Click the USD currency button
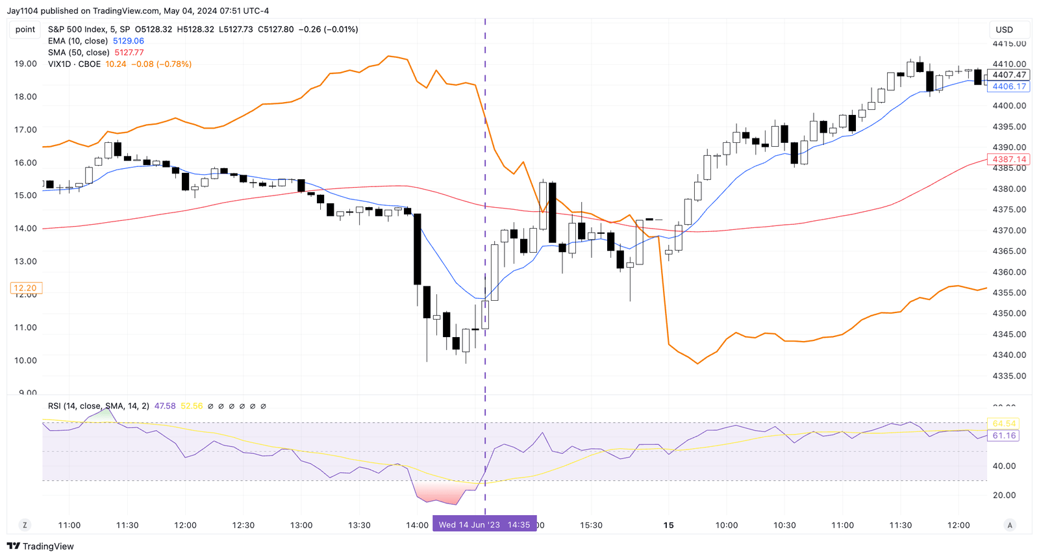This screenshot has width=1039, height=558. pyautogui.click(x=1005, y=29)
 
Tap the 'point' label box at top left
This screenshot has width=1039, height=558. pyautogui.click(x=25, y=29)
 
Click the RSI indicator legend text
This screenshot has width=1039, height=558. pyautogui.click(x=98, y=406)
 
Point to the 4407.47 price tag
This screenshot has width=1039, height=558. pyautogui.click(x=1008, y=75)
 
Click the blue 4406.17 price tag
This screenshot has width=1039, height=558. pyautogui.click(x=1008, y=86)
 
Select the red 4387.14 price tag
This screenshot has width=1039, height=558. pyautogui.click(x=1008, y=159)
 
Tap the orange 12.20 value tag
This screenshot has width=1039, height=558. pyautogui.click(x=25, y=288)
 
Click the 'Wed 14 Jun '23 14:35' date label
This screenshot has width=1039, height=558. pyautogui.click(x=484, y=525)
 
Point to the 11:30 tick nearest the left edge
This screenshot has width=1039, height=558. pyautogui.click(x=127, y=525)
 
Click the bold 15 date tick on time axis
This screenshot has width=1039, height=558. pyautogui.click(x=668, y=525)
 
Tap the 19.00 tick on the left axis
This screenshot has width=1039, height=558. pyautogui.click(x=25, y=64)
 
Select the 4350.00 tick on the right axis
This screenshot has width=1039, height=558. pyautogui.click(x=1009, y=314)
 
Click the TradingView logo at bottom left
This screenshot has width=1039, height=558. pyautogui.click(x=40, y=546)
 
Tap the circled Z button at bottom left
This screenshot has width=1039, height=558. pyautogui.click(x=25, y=525)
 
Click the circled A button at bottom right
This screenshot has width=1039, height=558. pyautogui.click(x=1010, y=525)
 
